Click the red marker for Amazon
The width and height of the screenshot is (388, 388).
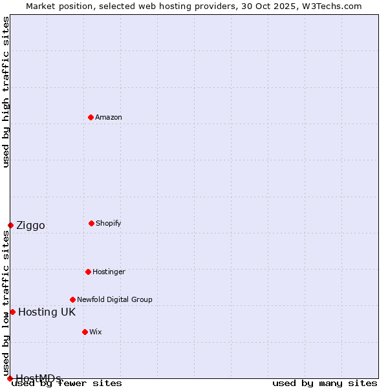(x=91, y=117)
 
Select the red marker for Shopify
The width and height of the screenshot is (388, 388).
(x=91, y=223)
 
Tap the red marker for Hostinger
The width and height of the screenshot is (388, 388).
(x=88, y=272)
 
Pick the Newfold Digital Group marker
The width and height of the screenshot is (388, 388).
(x=72, y=299)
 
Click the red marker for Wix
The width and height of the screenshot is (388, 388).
(x=85, y=332)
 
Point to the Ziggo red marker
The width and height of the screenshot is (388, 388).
(x=10, y=225)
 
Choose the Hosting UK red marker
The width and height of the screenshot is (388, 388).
(x=12, y=312)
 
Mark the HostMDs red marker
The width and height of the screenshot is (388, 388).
(x=10, y=378)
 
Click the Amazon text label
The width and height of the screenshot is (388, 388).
(x=109, y=117)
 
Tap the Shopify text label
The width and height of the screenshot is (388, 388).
(x=109, y=223)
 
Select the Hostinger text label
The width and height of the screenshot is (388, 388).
(x=109, y=272)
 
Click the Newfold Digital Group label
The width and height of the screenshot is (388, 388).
(x=114, y=299)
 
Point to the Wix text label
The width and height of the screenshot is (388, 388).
(x=96, y=332)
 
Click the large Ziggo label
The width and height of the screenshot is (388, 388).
(x=30, y=226)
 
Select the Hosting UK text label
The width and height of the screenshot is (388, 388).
(x=47, y=312)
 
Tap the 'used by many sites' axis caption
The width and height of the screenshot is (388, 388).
(x=325, y=383)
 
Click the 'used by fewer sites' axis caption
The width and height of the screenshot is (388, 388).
(x=67, y=383)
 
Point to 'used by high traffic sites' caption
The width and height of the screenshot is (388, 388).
(x=6, y=92)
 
